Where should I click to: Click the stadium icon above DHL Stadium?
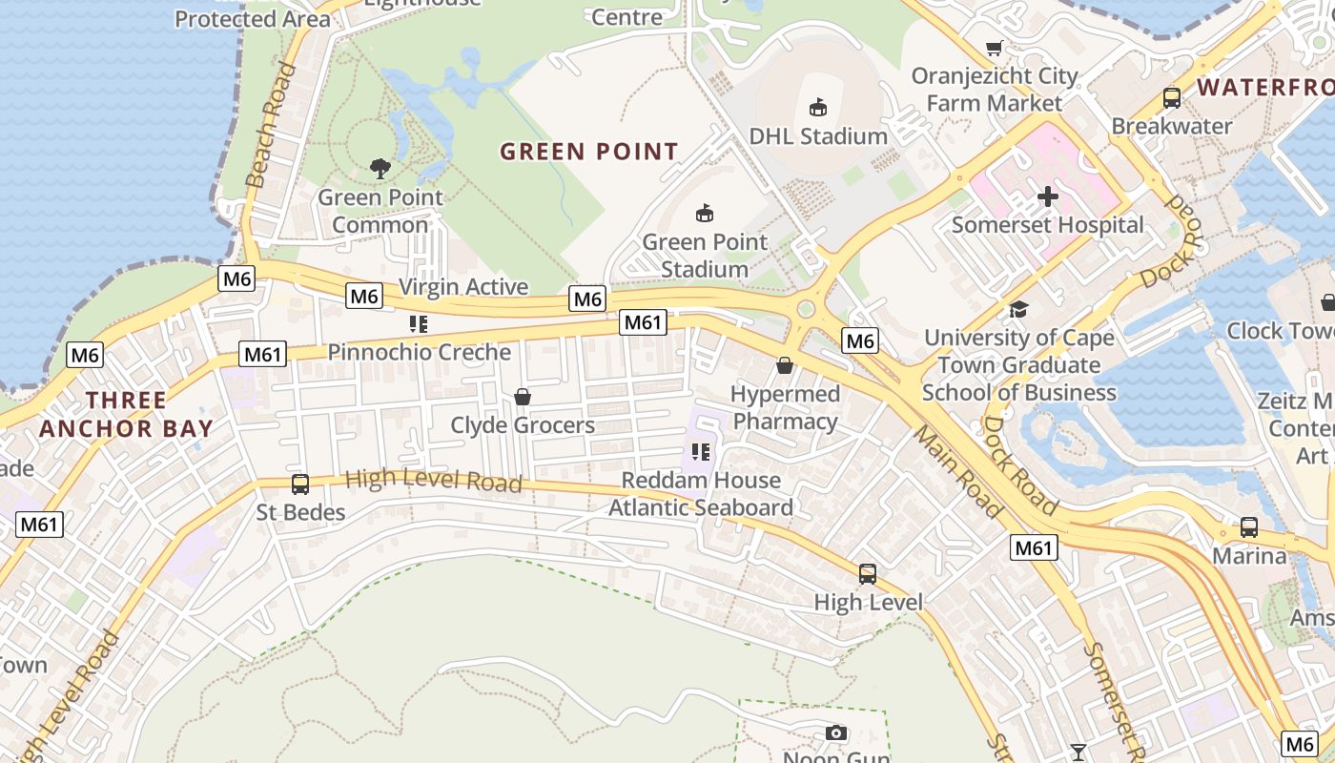point(817,107)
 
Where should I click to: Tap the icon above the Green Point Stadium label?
point(705,213)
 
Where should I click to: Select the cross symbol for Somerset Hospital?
point(1047,196)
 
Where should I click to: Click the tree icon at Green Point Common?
point(380,169)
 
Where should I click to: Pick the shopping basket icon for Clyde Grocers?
point(523,396)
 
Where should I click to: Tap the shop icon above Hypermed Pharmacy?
point(785,364)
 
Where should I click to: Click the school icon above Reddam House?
point(701,451)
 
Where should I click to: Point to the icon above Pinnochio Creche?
point(418,324)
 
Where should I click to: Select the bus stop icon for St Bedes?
point(300,485)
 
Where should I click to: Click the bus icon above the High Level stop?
point(868,573)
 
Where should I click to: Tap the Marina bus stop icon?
point(1248,526)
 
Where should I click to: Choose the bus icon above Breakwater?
point(1171,97)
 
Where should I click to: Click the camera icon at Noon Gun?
point(836,732)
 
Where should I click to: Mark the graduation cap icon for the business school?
point(1018,309)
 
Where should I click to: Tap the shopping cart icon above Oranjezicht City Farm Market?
point(995,48)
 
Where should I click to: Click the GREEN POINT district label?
point(589,152)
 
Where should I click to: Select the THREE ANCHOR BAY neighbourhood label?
point(126,414)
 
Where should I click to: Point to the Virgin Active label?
point(463,287)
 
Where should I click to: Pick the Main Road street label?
point(957,472)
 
